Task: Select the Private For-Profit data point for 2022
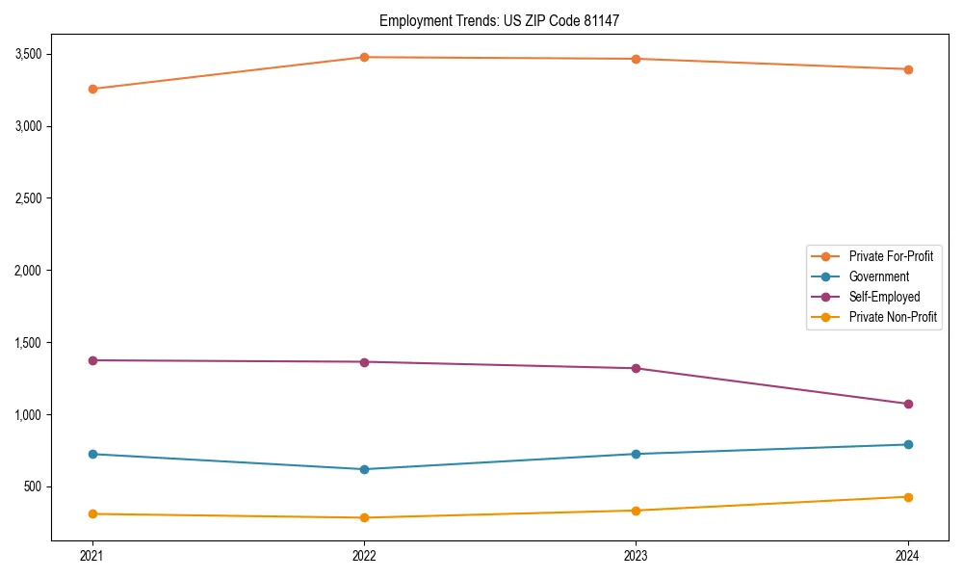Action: pos(364,57)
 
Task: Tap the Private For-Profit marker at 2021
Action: pos(92,89)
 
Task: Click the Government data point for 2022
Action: pos(364,469)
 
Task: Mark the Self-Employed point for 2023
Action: pos(636,368)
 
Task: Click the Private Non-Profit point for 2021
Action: pos(92,513)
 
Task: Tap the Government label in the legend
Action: pos(878,276)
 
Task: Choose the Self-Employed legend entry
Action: pos(884,297)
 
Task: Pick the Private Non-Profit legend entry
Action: pos(893,317)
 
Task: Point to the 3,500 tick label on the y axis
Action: pos(29,54)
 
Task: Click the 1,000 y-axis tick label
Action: pos(29,415)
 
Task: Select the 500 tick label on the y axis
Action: pos(34,486)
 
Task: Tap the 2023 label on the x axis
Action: pos(636,556)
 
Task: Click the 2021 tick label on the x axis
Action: pos(92,556)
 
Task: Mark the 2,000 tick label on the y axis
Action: pos(29,271)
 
